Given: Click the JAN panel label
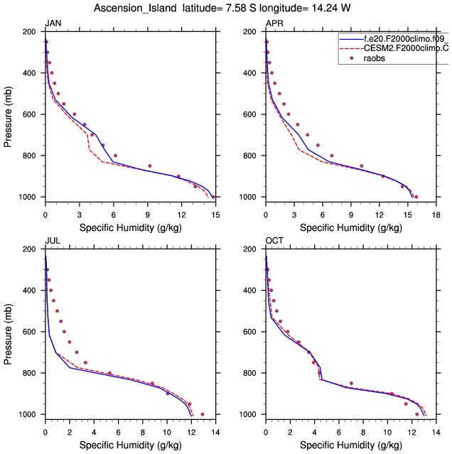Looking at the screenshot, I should [x=53, y=23].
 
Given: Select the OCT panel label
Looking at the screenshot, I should [x=274, y=241].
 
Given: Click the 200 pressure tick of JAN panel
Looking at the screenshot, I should [x=30, y=32].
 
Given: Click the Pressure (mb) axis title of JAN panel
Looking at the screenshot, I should [x=9, y=114].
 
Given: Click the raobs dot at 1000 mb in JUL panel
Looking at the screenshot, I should [x=203, y=414].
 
